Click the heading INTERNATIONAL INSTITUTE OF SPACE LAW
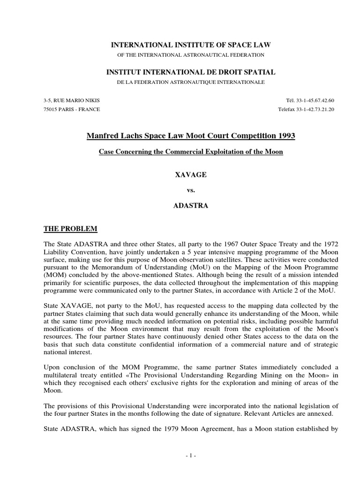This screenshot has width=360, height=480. point(190,45)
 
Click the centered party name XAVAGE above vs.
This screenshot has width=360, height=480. point(190,174)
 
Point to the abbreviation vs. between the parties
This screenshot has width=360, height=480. point(190,190)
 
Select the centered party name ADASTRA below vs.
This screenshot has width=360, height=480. point(190,206)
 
